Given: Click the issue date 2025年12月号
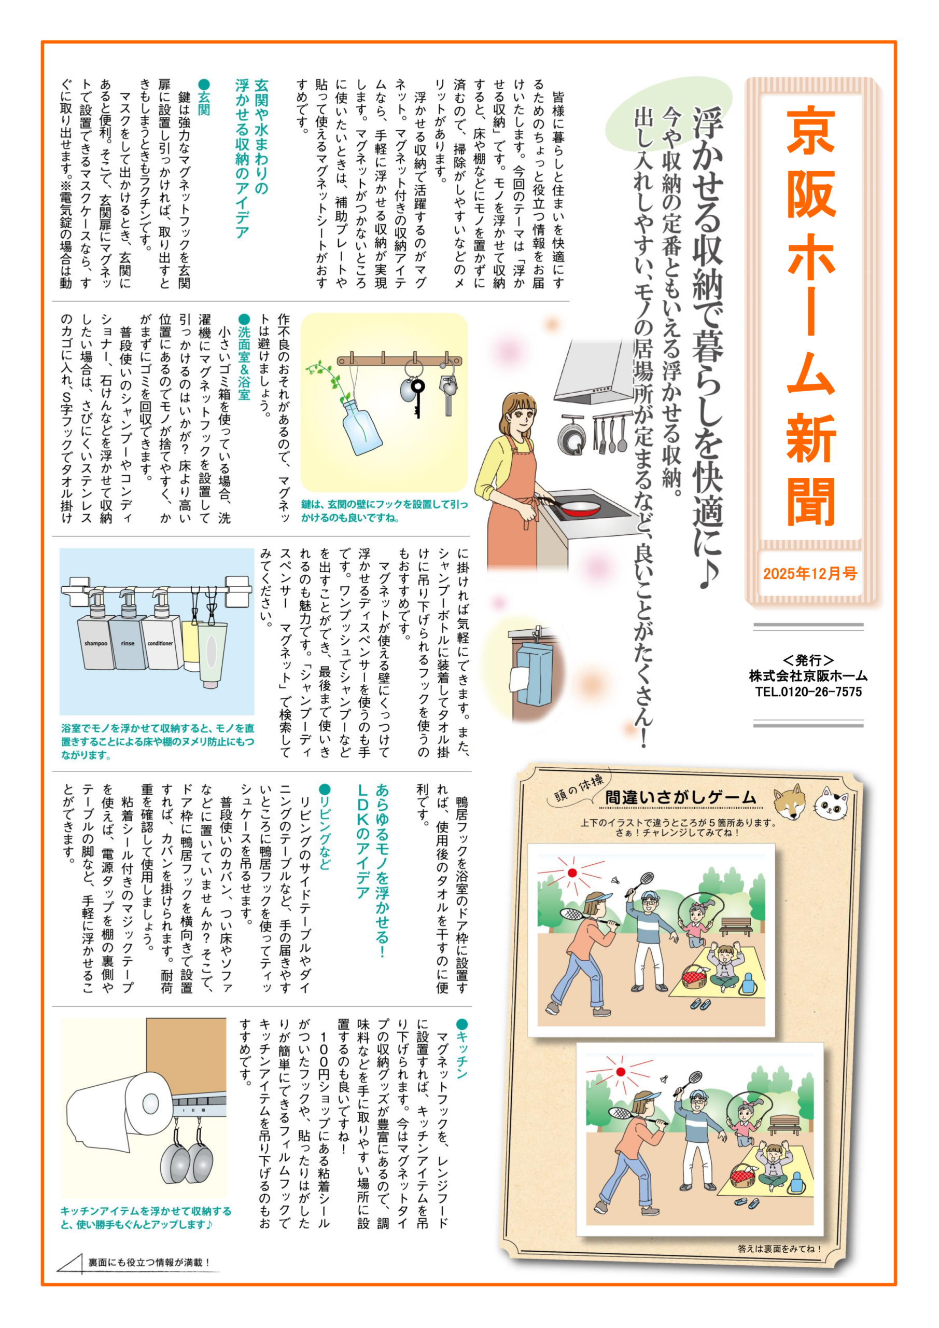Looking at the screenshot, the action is [x=809, y=573].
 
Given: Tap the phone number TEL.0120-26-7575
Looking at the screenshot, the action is [x=808, y=692].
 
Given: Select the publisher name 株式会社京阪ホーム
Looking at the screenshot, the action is [x=808, y=675].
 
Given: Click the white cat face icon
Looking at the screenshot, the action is [x=832, y=803].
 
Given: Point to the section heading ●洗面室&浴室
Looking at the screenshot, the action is [x=244, y=356].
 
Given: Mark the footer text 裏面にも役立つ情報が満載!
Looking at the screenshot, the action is [x=149, y=1262].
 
